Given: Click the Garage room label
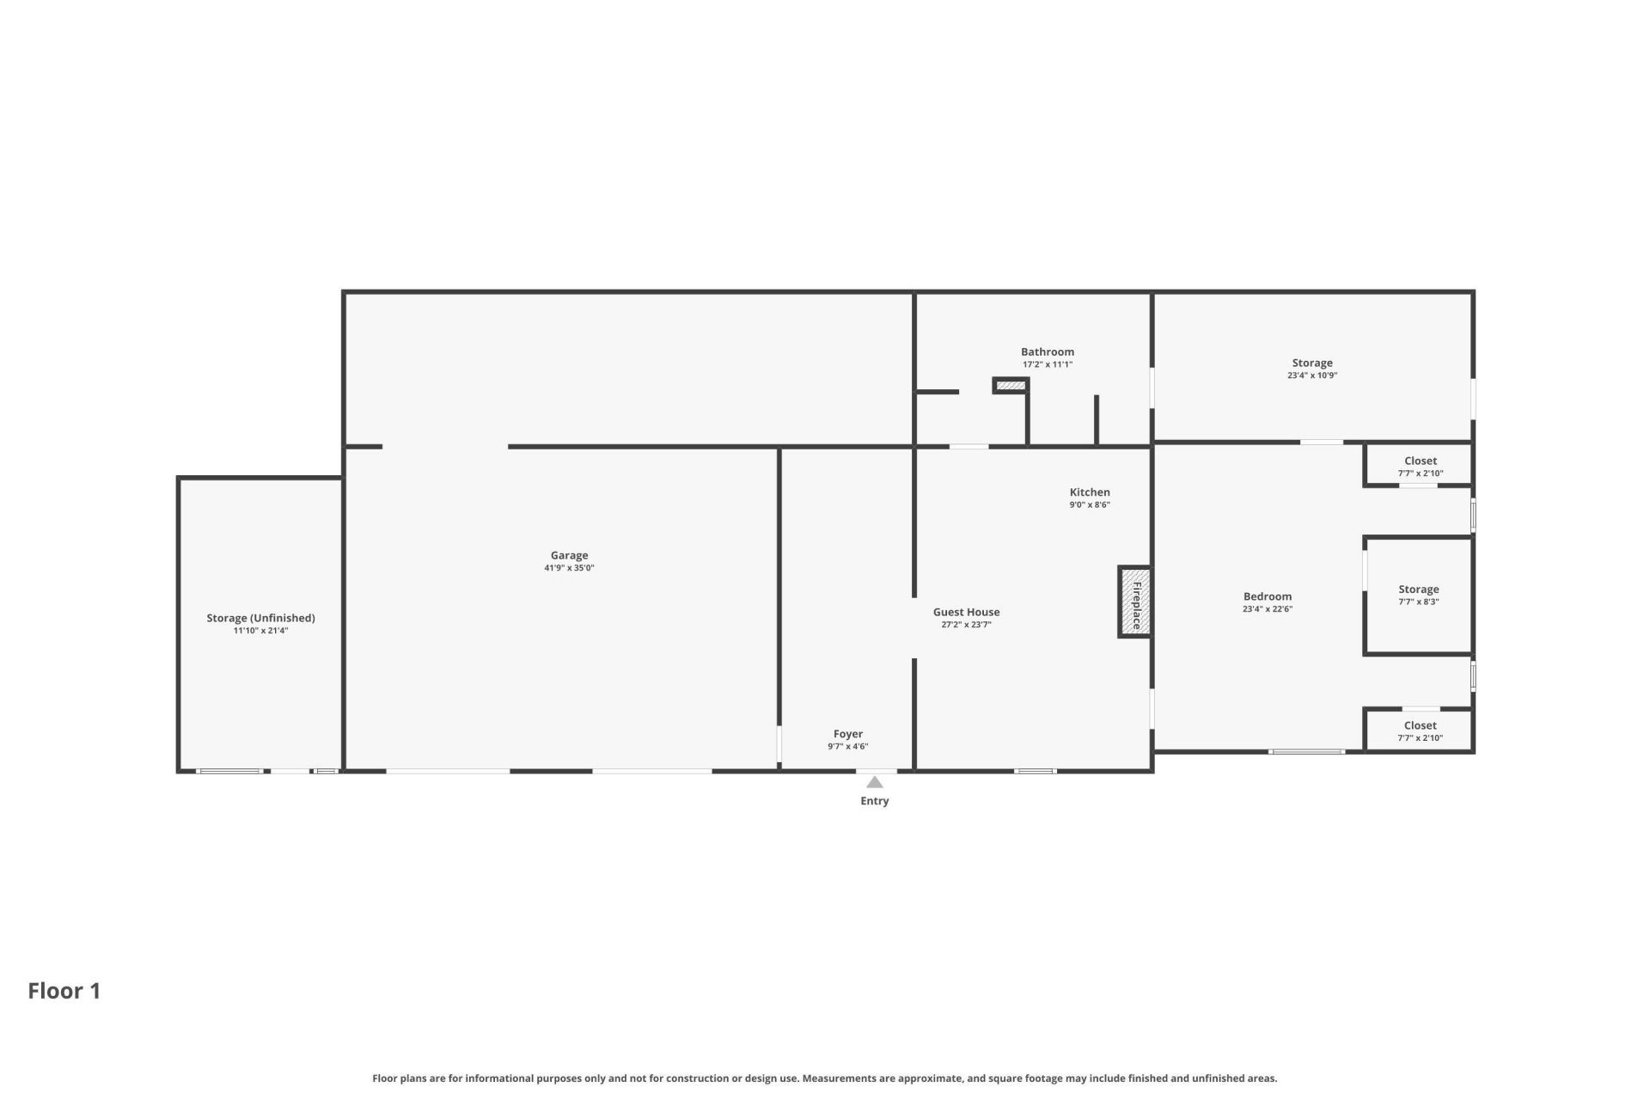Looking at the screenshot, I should (x=569, y=555).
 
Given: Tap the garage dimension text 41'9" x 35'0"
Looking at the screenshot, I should (x=569, y=568).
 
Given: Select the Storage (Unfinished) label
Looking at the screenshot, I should (x=260, y=618).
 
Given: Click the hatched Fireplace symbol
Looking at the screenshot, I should (x=1135, y=602).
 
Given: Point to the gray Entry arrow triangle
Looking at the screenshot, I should (x=874, y=782).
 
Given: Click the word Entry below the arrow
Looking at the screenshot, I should (x=874, y=801).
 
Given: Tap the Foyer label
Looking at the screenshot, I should (x=847, y=734).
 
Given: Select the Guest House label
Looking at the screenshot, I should (x=966, y=612).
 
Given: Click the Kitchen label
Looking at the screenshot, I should (x=1089, y=492).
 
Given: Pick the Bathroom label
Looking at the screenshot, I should (x=1047, y=351).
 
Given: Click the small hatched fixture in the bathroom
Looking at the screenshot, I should (x=1011, y=386).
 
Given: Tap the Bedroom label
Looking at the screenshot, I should (x=1267, y=596).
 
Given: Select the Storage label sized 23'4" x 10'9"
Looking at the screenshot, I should (x=1311, y=363).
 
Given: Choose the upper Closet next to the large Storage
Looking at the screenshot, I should (x=1420, y=461).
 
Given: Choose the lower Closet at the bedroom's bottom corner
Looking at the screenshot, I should (x=1420, y=726).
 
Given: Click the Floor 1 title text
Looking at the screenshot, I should (x=64, y=991).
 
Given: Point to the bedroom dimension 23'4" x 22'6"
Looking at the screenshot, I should (x=1267, y=609).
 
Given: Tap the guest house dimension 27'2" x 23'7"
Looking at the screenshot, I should (x=966, y=625).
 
